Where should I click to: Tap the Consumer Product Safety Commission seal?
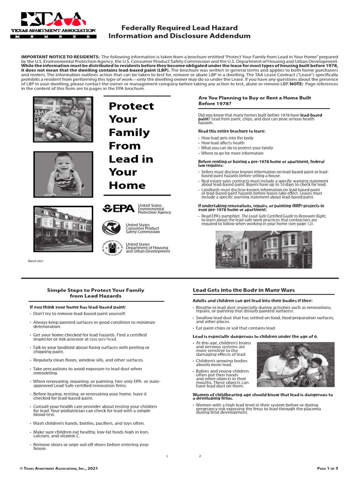coord(112,228)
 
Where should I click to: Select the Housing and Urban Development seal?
coord(112,247)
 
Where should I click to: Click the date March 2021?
coord(36,261)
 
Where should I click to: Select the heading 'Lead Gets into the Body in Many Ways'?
coord(244,290)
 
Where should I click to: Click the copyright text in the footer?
coord(59,468)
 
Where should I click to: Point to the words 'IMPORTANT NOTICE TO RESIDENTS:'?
coord(60,57)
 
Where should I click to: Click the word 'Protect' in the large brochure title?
coord(131,106)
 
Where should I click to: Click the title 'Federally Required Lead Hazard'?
coord(180,28)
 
